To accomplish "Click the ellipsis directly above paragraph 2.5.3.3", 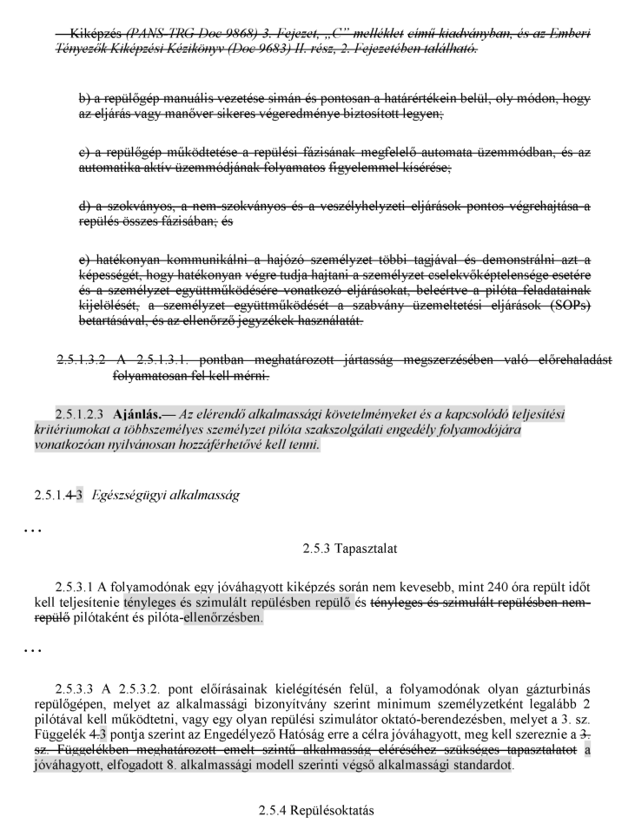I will [x=10, y=650].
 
